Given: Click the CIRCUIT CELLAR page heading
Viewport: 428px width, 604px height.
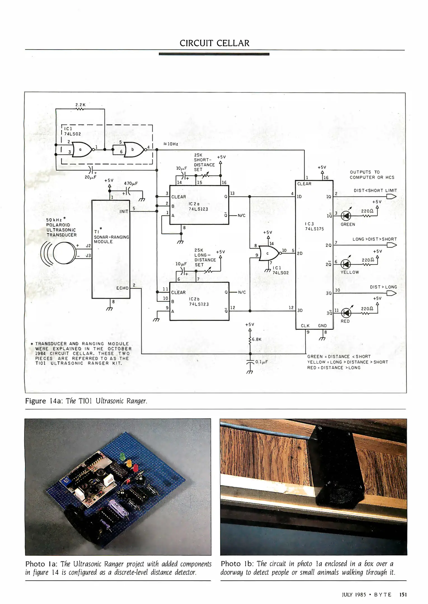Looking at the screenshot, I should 214,43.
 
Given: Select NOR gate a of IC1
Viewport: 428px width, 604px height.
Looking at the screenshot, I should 81,150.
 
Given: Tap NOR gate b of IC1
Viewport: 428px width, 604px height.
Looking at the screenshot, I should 134,150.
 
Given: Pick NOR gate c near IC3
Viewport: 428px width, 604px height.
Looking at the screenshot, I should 269,253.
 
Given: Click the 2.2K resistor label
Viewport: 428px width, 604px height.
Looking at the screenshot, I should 80,105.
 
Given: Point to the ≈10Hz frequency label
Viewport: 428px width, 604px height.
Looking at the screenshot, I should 170,144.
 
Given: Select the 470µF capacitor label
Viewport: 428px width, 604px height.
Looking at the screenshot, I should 131,184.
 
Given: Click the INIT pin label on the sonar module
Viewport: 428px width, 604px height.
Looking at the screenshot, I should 124,211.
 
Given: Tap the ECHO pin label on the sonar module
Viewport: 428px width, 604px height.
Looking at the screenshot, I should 122,288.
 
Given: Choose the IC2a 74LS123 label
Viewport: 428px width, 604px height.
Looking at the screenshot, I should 198,206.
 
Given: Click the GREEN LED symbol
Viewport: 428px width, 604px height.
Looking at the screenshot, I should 347,216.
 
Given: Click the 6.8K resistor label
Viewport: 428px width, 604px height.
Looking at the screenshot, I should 256,339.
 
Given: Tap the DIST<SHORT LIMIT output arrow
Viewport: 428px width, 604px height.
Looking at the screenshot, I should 392,197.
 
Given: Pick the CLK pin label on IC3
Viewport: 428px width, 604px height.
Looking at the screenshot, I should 305,325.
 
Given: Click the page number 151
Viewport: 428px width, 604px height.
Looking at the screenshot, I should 403,594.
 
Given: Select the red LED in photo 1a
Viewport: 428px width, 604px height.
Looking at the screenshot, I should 135,468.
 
